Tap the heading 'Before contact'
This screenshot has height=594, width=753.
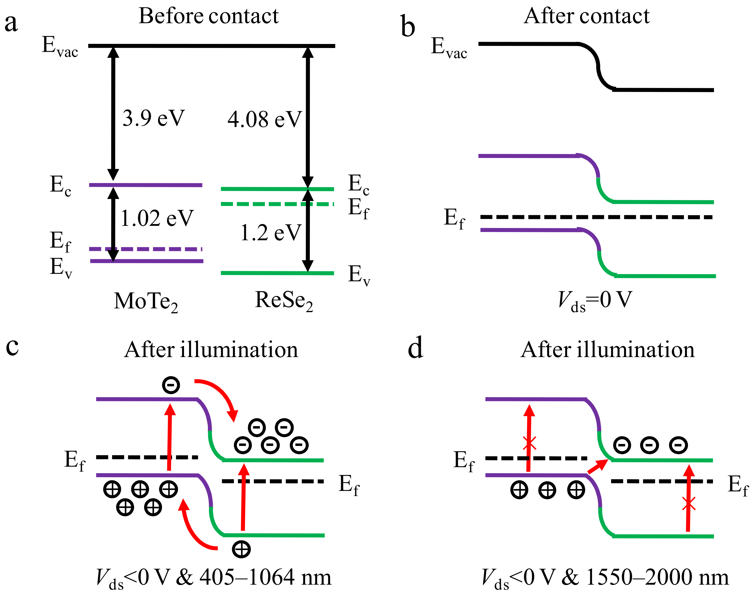click(208, 16)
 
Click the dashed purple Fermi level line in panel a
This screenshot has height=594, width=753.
click(146, 249)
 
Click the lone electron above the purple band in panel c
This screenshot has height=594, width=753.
click(171, 385)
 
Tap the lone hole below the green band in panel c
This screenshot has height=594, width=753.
click(241, 549)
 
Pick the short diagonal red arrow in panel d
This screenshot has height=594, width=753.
click(597, 466)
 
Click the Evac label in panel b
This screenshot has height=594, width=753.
click(449, 48)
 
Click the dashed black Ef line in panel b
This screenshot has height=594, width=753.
click(596, 217)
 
